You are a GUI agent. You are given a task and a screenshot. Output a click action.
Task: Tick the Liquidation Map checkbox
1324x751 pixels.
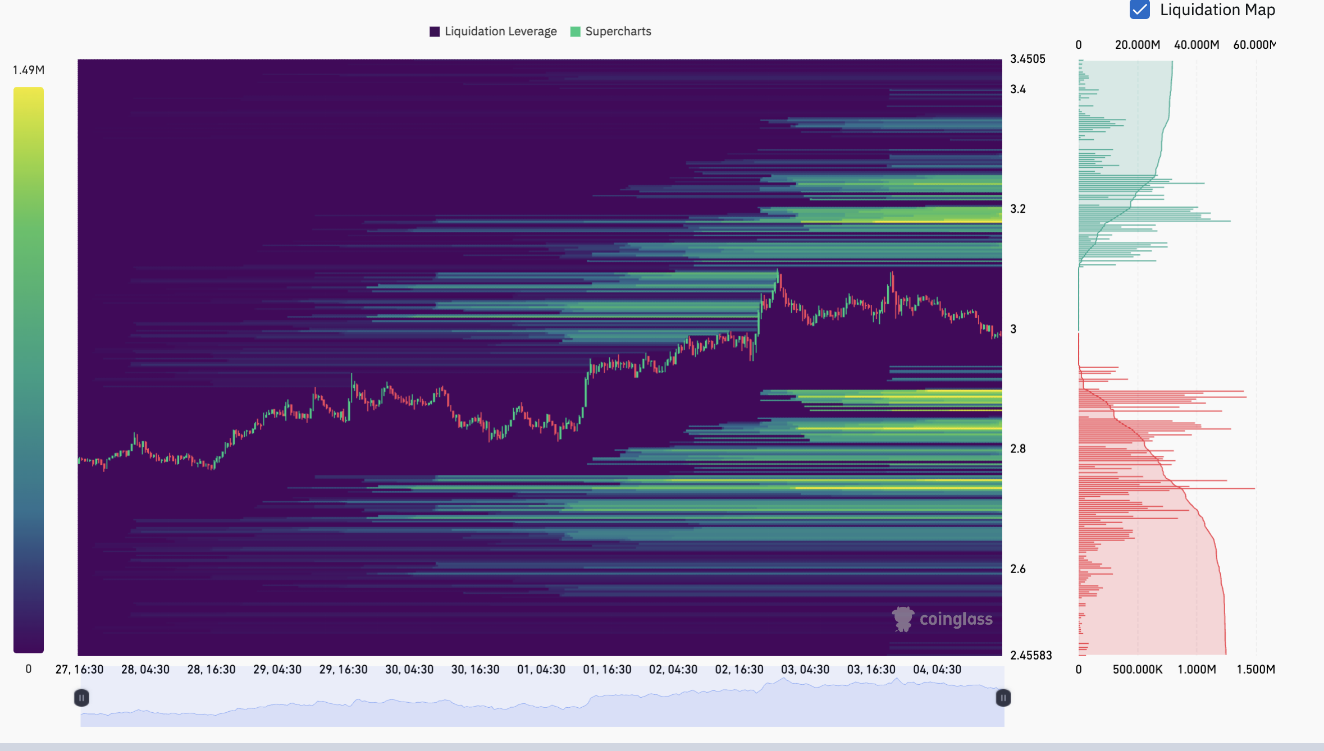pos(1139,10)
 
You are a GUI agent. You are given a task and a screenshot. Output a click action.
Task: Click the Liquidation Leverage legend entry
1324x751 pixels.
pos(493,31)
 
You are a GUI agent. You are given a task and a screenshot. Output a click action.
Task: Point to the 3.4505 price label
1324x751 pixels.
pos(1027,59)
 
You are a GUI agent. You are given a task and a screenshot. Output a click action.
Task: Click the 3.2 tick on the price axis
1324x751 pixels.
pos(1017,209)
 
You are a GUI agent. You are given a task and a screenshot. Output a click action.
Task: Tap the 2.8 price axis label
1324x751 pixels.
pos(1017,448)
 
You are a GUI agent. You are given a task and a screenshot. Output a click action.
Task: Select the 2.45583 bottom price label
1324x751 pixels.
pos(1030,655)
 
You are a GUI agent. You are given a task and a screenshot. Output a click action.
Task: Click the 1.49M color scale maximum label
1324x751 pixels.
pos(29,70)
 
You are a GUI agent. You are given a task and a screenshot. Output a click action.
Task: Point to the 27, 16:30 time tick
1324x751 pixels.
pos(79,669)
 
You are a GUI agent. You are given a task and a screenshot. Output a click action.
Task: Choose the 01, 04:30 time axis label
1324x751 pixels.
pos(541,669)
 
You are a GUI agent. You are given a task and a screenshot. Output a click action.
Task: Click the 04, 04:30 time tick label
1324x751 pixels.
pos(937,669)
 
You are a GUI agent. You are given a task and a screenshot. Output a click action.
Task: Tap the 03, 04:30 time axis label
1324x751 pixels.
pos(805,669)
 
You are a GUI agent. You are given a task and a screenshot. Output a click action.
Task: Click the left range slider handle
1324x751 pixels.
pos(81,698)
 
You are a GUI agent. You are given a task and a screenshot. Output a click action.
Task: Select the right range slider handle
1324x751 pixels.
pos(1003,698)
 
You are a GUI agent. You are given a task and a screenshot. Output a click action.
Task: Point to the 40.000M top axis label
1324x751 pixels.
pos(1196,45)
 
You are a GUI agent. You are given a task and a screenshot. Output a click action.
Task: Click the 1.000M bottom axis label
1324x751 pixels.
pos(1196,669)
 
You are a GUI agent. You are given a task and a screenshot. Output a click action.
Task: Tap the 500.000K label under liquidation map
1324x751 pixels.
pos(1137,669)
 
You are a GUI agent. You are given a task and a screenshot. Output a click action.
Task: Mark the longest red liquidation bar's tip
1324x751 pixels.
pos(1254,488)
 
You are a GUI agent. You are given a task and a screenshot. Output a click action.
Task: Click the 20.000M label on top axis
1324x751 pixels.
pos(1137,45)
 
